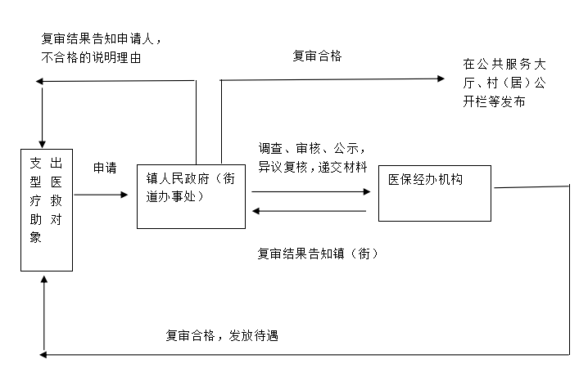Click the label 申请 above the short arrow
(105, 168)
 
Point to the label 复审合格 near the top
(317, 56)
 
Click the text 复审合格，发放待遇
(222, 335)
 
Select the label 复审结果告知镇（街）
(318, 254)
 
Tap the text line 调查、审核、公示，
(312, 149)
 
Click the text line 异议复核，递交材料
(313, 167)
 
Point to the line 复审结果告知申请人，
(102, 38)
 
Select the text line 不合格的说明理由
(91, 58)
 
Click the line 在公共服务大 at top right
(504, 65)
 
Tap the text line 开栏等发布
(494, 101)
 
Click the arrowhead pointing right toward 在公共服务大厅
(441, 79)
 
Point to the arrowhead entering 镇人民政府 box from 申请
(124, 195)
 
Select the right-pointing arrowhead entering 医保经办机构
(367, 191)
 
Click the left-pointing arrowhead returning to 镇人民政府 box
(256, 211)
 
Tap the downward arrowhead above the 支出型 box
(42, 145)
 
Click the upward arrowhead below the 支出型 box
(44, 280)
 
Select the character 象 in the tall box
(36, 237)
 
